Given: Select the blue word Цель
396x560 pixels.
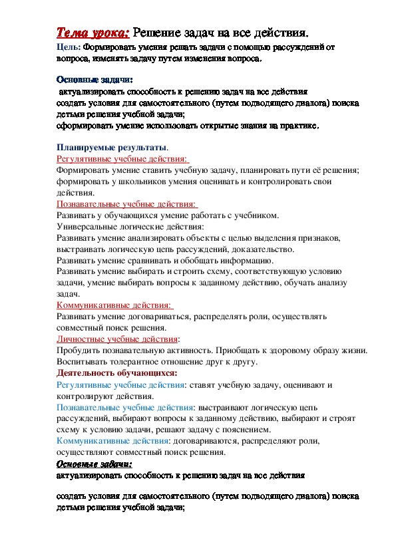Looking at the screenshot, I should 68,48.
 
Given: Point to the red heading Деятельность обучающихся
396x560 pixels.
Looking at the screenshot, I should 116,373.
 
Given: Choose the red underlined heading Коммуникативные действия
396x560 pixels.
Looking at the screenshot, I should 114,305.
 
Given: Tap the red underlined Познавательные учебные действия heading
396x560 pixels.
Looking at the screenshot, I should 127,204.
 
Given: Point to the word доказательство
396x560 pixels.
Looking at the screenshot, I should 259,249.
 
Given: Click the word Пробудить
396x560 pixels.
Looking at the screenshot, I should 79,350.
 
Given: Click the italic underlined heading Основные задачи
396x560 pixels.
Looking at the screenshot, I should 94,464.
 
